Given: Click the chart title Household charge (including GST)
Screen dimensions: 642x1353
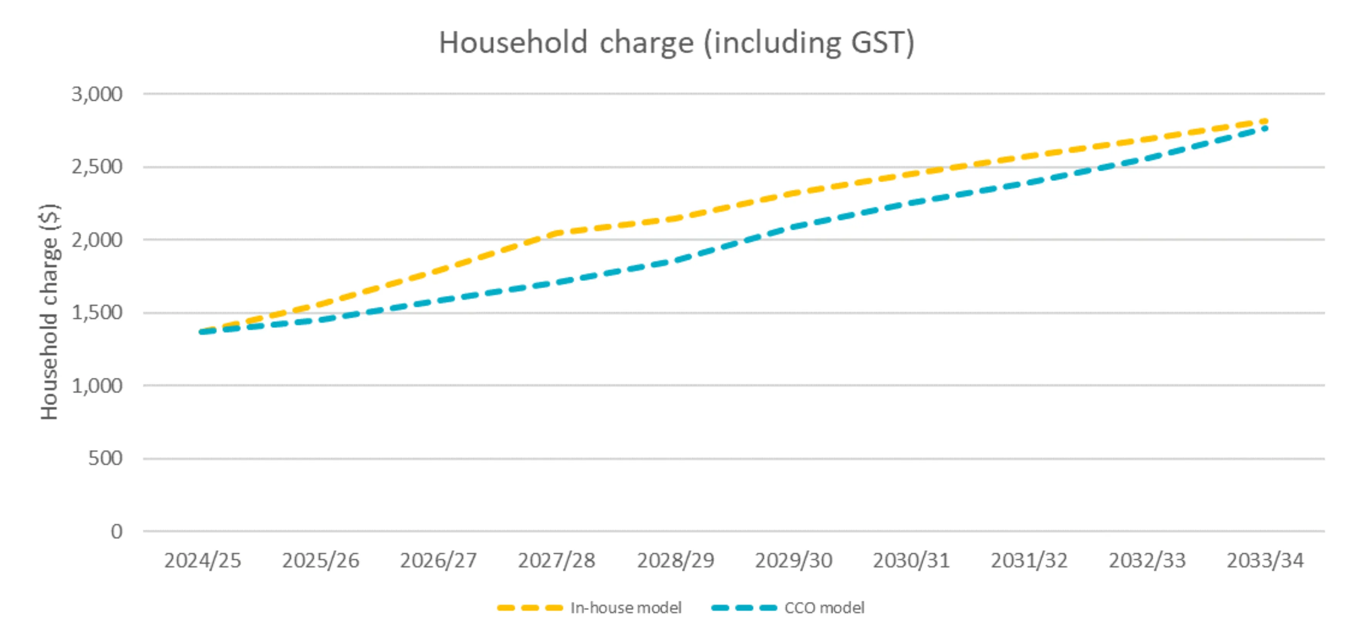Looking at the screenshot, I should [x=676, y=43].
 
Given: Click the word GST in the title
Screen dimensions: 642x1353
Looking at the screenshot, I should [x=878, y=43].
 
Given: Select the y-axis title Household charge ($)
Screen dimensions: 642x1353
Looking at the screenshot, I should [x=49, y=311].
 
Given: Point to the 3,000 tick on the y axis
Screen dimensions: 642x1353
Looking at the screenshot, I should [x=97, y=95].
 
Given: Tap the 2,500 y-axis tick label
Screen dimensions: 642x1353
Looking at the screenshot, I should [x=97, y=167].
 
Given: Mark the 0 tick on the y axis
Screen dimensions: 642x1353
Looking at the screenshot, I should [x=116, y=532].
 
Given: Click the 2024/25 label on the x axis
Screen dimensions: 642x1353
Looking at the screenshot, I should [x=203, y=561].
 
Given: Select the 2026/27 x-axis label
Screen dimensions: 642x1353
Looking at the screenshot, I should [x=439, y=561].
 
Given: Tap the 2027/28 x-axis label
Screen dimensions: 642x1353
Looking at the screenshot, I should [x=557, y=561].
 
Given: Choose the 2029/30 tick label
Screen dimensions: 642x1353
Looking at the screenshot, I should [x=794, y=561].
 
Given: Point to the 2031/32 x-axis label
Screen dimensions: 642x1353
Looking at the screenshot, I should [x=1029, y=561].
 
